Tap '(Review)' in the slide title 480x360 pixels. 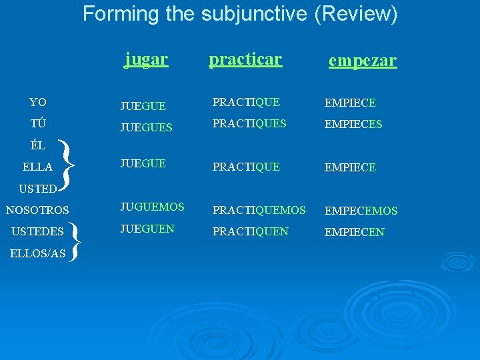(355, 13)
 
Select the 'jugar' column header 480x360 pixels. (146, 59)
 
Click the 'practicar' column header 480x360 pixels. (245, 59)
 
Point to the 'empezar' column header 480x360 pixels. (362, 61)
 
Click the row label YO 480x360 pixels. (38, 103)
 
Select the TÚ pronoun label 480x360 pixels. (37, 124)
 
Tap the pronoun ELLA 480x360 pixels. (37, 167)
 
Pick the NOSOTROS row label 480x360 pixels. (37, 211)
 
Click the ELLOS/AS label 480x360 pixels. (37, 253)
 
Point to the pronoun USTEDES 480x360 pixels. (38, 232)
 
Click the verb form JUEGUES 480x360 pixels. (146, 125)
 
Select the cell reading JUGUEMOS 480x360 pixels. (152, 207)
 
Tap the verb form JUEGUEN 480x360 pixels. (147, 229)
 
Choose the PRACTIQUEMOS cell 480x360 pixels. (259, 211)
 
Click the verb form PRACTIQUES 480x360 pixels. (249, 123)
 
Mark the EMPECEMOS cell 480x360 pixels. (361, 211)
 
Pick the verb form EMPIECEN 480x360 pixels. (354, 233)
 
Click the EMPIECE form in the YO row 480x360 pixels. (350, 103)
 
